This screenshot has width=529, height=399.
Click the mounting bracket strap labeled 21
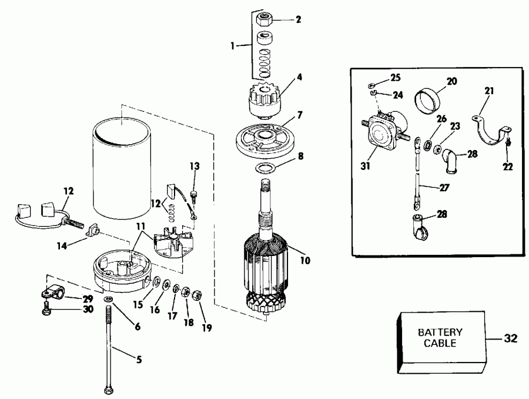tap(490, 131)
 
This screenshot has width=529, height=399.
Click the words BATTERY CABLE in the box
tap(440, 337)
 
